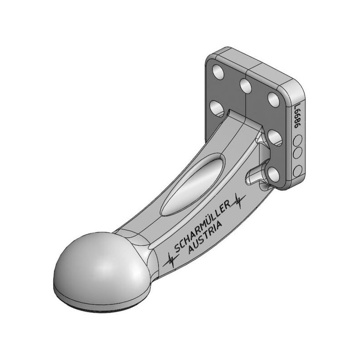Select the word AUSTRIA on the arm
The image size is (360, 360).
pos(205,237)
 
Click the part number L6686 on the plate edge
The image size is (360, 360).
pos(297,116)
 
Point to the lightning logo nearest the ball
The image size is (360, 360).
pos(171,261)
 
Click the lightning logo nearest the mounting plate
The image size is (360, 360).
pos(239,200)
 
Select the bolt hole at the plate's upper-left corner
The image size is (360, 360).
pos(218,72)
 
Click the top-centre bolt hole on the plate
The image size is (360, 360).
pos(245,85)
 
